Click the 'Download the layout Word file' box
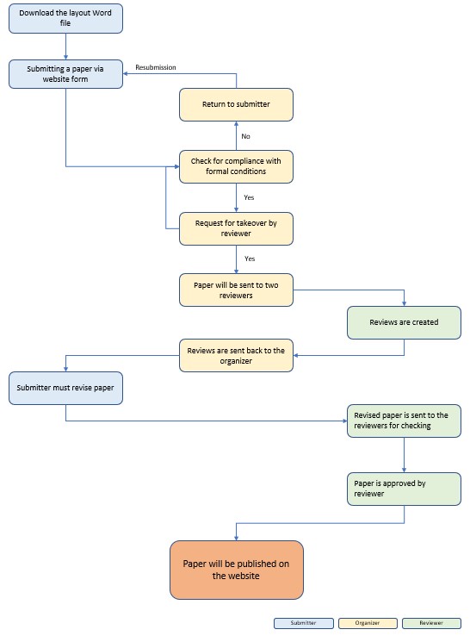click(x=65, y=18)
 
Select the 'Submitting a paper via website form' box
click(x=65, y=74)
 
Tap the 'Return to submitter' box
click(x=236, y=104)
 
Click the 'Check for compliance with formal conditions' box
click(x=236, y=166)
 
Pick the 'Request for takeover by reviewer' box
click(x=236, y=228)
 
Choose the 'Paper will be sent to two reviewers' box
click(x=236, y=290)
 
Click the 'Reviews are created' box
click(x=404, y=322)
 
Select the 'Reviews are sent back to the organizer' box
click(x=236, y=355)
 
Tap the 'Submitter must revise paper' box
click(x=65, y=388)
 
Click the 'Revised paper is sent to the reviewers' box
click(x=404, y=421)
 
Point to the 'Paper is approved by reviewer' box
click(x=404, y=489)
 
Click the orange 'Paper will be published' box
click(x=237, y=570)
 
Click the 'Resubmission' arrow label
click(x=156, y=67)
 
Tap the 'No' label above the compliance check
click(x=245, y=136)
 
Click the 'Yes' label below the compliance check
click(x=249, y=197)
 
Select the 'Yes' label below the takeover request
click(x=250, y=259)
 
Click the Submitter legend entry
click(x=304, y=623)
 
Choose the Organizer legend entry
click(x=368, y=623)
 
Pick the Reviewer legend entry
click(x=431, y=623)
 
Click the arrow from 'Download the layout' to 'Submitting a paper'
click(x=65, y=47)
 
